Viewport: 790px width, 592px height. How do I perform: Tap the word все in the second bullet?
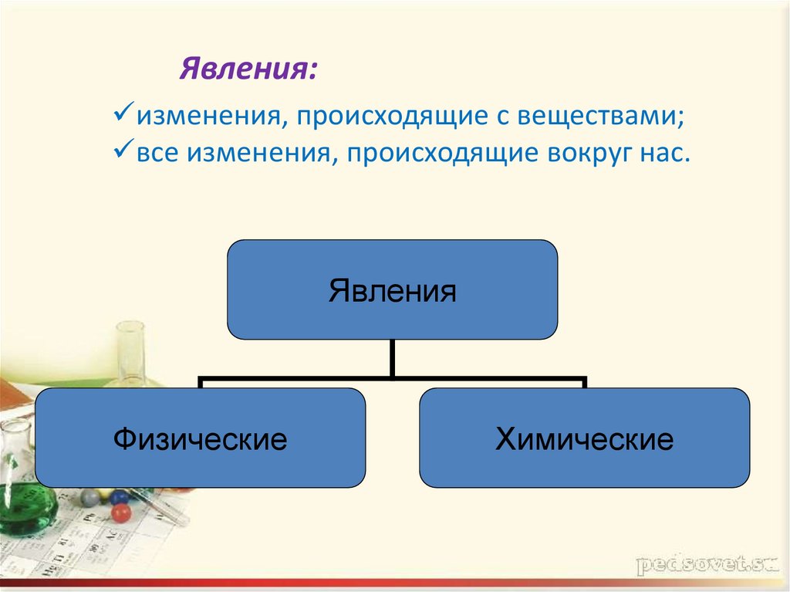pos(160,153)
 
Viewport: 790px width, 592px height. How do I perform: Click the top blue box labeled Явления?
pos(392,289)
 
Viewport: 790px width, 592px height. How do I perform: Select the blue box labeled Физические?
pos(200,438)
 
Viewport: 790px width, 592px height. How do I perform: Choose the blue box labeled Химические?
pos(584,438)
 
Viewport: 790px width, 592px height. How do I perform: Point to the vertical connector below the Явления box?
pos(393,358)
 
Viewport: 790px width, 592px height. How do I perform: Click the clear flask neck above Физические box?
pos(131,347)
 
